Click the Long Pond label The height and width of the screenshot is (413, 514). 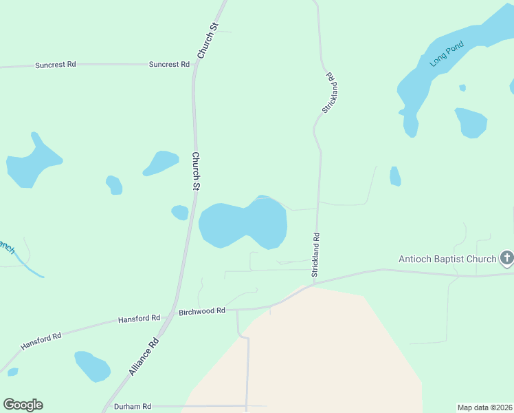point(447,54)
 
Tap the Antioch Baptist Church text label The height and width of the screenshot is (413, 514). point(447,260)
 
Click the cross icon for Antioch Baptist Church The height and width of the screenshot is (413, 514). point(506,258)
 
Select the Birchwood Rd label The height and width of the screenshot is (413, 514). point(202,311)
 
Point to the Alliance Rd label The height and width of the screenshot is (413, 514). point(144,357)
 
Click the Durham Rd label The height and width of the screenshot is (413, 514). point(132,407)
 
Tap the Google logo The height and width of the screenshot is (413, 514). point(23,405)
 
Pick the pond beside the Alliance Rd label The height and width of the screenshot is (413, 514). point(92,366)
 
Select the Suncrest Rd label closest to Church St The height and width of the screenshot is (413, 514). point(169,64)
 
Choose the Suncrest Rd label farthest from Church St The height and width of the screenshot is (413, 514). point(55,65)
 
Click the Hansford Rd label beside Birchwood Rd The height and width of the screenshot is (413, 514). point(139,319)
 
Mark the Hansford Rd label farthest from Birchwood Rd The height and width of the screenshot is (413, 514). point(41,339)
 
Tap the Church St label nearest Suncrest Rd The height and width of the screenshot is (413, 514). point(207,41)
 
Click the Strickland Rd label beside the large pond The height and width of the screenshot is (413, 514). point(316,255)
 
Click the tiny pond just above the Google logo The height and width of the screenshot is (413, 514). point(12,372)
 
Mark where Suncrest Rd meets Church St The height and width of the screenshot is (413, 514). point(197,65)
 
